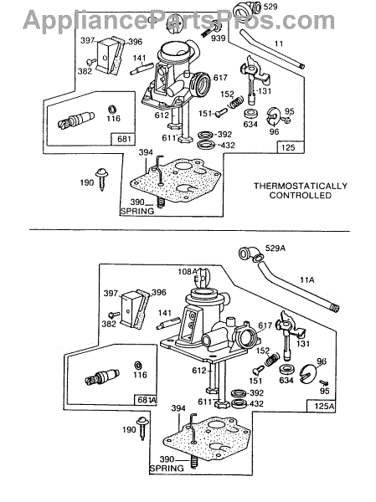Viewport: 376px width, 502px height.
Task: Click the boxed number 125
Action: [288, 147]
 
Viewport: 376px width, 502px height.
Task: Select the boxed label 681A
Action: [146, 400]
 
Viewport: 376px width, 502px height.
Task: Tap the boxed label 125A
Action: [322, 406]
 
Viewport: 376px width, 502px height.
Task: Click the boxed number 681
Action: [123, 139]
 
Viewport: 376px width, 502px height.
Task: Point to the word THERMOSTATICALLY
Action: [301, 186]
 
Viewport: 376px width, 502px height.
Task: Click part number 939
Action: [219, 38]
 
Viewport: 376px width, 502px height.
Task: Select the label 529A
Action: [276, 248]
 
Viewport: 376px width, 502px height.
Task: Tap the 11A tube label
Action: [307, 280]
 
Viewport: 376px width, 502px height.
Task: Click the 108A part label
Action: [188, 271]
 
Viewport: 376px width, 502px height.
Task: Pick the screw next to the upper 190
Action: [102, 179]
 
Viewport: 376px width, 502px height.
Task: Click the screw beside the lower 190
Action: [142, 428]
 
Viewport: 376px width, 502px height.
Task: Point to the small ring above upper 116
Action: [112, 109]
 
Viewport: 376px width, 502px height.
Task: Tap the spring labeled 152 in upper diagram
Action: [236, 102]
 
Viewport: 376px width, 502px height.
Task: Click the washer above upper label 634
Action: [250, 115]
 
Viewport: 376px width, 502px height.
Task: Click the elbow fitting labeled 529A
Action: [250, 255]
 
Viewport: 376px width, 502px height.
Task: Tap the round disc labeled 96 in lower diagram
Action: [308, 373]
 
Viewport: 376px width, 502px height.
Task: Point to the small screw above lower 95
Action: [324, 383]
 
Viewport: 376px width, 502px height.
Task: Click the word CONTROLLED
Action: [301, 195]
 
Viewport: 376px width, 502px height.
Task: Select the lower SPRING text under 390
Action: [167, 468]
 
